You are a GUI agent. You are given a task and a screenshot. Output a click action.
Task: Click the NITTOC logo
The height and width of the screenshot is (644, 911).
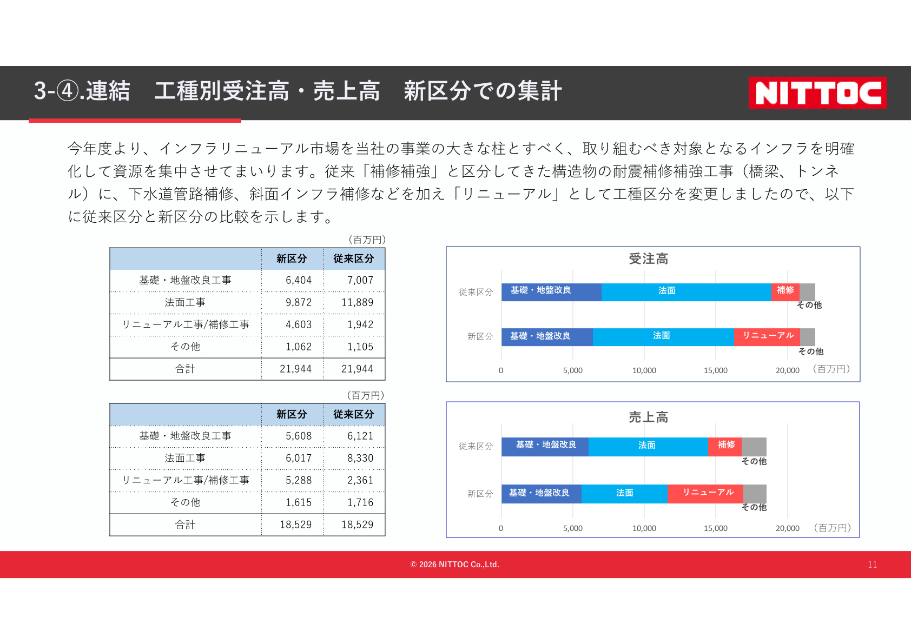817,92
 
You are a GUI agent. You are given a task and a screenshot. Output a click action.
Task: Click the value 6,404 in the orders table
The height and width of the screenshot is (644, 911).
299,280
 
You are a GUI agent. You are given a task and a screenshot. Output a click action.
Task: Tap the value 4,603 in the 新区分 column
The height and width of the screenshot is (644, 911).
299,324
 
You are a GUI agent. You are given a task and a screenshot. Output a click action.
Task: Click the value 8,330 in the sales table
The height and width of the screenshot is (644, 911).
360,458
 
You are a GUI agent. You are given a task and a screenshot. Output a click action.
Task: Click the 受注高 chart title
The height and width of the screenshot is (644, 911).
648,259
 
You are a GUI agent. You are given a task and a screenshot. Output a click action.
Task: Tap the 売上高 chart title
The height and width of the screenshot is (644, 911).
648,417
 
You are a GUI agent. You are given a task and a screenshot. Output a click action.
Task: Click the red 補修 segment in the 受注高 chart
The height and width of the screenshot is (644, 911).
785,292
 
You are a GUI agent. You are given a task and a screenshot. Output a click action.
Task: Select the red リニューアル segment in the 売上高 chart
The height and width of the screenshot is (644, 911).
705,494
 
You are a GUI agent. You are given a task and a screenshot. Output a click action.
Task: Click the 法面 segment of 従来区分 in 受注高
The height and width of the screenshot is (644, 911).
686,292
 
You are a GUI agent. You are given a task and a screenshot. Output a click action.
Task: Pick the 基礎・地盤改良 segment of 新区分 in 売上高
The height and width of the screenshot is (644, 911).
542,494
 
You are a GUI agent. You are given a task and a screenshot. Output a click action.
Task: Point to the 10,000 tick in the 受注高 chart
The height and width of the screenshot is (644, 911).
644,370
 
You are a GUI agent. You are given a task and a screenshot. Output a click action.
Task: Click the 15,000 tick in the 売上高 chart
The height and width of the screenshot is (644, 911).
715,528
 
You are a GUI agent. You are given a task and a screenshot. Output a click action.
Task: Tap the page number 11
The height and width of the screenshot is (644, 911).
872,565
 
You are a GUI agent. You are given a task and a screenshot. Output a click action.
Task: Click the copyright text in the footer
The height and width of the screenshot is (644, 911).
454,565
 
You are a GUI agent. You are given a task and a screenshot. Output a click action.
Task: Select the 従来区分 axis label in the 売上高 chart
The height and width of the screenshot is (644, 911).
476,446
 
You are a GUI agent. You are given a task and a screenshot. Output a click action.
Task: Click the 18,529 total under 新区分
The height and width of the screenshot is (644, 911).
296,525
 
